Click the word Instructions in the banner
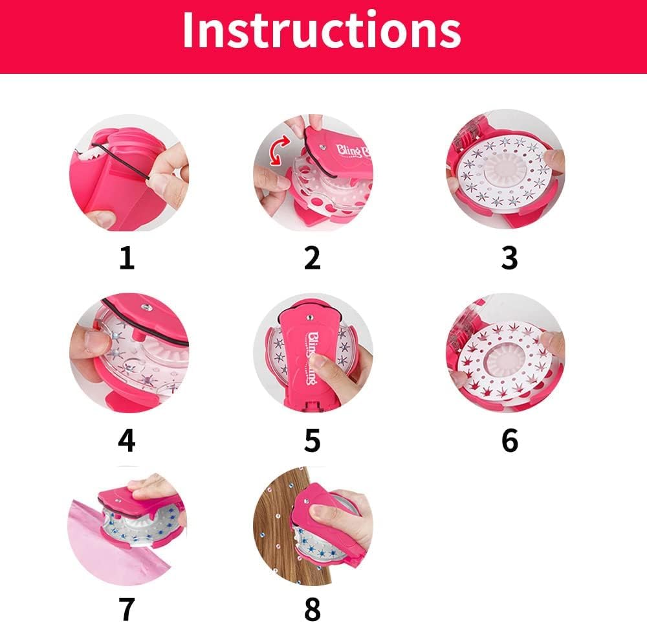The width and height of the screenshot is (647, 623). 322,30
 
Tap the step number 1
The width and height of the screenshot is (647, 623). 127,258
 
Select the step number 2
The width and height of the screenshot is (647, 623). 313,258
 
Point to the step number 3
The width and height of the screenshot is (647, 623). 510,258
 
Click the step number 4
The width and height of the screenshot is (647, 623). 127,440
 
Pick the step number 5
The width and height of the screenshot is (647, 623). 313,440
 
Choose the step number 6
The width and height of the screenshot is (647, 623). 510,440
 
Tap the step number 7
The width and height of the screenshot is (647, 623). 127,609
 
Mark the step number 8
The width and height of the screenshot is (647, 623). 313,609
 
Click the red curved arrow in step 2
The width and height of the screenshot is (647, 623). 278,151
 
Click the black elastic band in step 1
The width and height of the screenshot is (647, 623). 120,161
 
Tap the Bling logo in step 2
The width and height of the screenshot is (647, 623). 351,150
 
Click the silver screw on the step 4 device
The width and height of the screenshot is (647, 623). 145,307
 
